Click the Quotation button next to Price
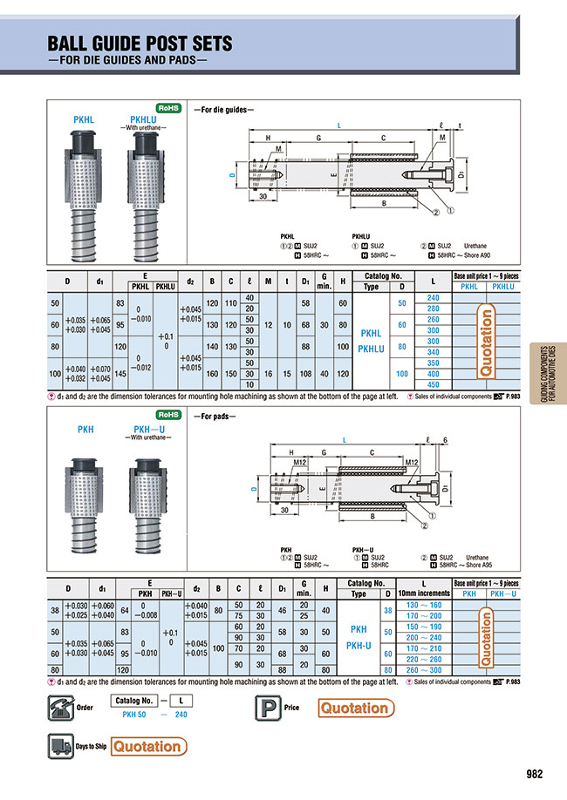[353, 708]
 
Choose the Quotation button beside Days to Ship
[148, 746]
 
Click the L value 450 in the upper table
[433, 384]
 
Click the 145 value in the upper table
[120, 373]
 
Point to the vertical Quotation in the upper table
[488, 342]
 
